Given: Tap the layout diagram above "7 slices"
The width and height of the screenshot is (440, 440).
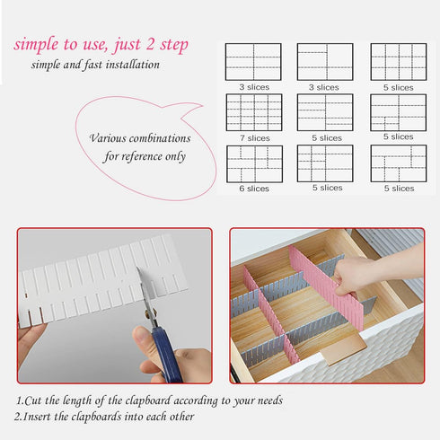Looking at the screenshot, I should (253, 112).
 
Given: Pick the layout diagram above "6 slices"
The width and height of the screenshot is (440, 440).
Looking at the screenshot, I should (253, 163).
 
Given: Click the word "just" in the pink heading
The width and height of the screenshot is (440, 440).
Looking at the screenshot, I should (134, 45).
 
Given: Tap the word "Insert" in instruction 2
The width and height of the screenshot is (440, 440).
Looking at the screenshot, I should (42, 418).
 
